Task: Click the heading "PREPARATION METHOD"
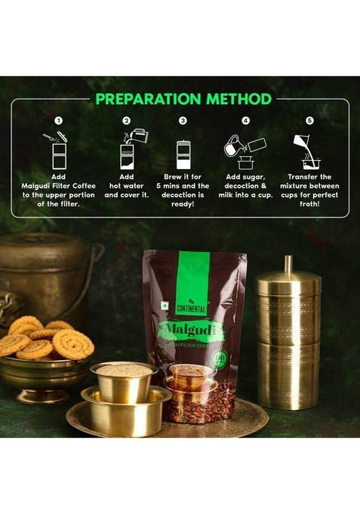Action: pyautogui.click(x=183, y=98)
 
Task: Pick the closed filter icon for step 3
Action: pyautogui.click(x=183, y=153)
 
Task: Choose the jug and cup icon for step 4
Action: pyautogui.click(x=244, y=150)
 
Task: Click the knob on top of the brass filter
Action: pyautogui.click(x=287, y=264)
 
